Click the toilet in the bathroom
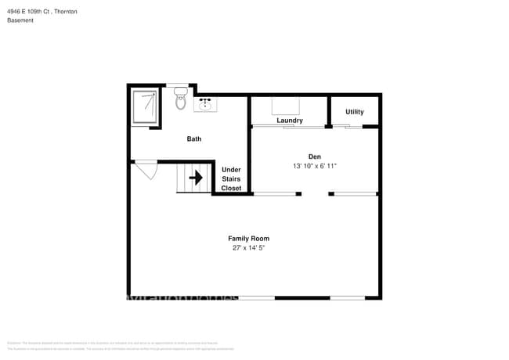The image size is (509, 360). pyautogui.click(x=180, y=99)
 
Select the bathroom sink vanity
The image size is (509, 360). pyautogui.click(x=208, y=104)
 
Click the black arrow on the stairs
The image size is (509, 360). pyautogui.click(x=196, y=178)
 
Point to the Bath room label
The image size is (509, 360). pyautogui.click(x=193, y=139)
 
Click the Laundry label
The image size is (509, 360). pyautogui.click(x=289, y=121)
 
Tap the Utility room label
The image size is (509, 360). pyautogui.click(x=354, y=112)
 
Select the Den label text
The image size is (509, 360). pyautogui.click(x=315, y=156)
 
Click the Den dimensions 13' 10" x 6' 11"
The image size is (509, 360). pyautogui.click(x=315, y=166)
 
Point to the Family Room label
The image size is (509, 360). pyautogui.click(x=248, y=238)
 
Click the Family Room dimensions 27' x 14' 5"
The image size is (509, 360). pyautogui.click(x=248, y=248)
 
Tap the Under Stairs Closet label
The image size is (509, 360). pyautogui.click(x=231, y=178)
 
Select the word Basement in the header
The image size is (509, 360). pyautogui.click(x=20, y=20)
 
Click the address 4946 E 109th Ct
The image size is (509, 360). pyautogui.click(x=29, y=12)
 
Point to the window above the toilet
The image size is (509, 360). pyautogui.click(x=177, y=85)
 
